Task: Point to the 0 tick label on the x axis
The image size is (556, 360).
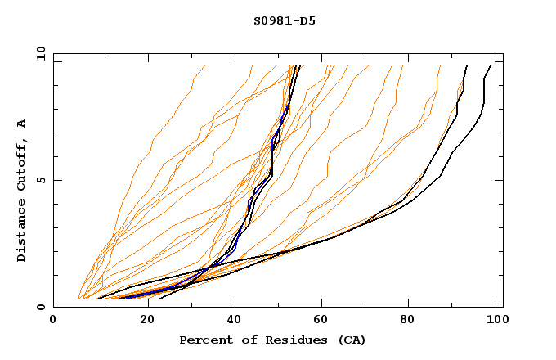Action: tap(53, 320)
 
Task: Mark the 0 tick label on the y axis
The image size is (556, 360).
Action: tap(39, 307)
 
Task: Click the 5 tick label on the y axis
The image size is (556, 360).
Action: tap(39, 180)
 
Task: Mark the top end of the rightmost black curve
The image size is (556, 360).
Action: tap(491, 66)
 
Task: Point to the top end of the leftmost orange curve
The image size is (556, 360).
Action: tap(204, 66)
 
